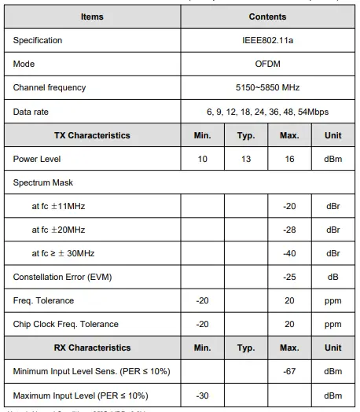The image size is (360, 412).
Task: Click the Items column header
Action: [x=92, y=17]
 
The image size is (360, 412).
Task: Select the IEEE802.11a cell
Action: [x=267, y=40]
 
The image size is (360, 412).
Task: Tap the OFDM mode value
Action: [x=267, y=64]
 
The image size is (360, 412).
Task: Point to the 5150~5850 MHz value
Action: [x=267, y=87]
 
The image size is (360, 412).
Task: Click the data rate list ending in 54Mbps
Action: [x=267, y=112]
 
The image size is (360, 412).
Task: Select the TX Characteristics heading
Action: [x=92, y=135]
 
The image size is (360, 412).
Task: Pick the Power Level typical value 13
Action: [x=245, y=159]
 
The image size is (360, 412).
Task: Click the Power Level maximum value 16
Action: [x=289, y=159]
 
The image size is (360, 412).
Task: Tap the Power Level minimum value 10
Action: [x=202, y=159]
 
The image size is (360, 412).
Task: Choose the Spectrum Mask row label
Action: [x=43, y=182]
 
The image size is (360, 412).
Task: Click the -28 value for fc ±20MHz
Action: [x=289, y=230]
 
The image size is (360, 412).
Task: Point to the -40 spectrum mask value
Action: [x=289, y=253]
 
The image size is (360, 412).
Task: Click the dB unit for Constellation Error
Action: [x=332, y=277]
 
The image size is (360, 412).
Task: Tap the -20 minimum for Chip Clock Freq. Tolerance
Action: [x=202, y=324]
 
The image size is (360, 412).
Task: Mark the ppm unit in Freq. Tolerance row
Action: [x=332, y=300]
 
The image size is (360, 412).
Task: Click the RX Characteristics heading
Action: [x=92, y=348]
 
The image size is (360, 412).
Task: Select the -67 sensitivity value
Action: [x=289, y=371]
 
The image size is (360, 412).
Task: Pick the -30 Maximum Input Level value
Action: [x=202, y=395]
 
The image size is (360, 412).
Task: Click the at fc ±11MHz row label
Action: [x=59, y=206]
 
